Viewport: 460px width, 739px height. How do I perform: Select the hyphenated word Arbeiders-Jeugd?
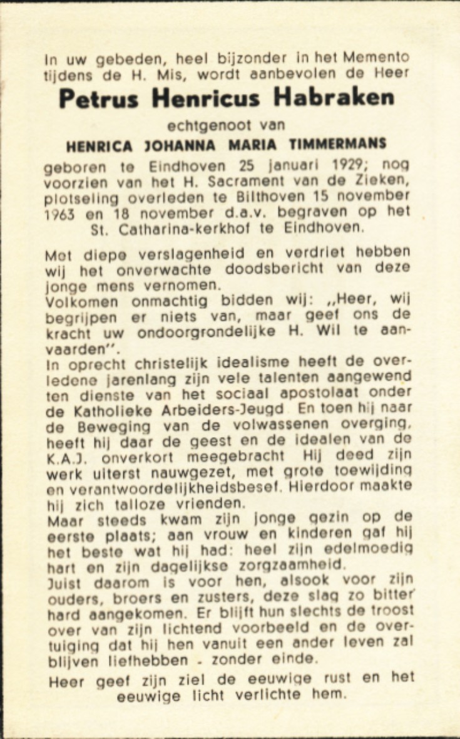click(x=241, y=410)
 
